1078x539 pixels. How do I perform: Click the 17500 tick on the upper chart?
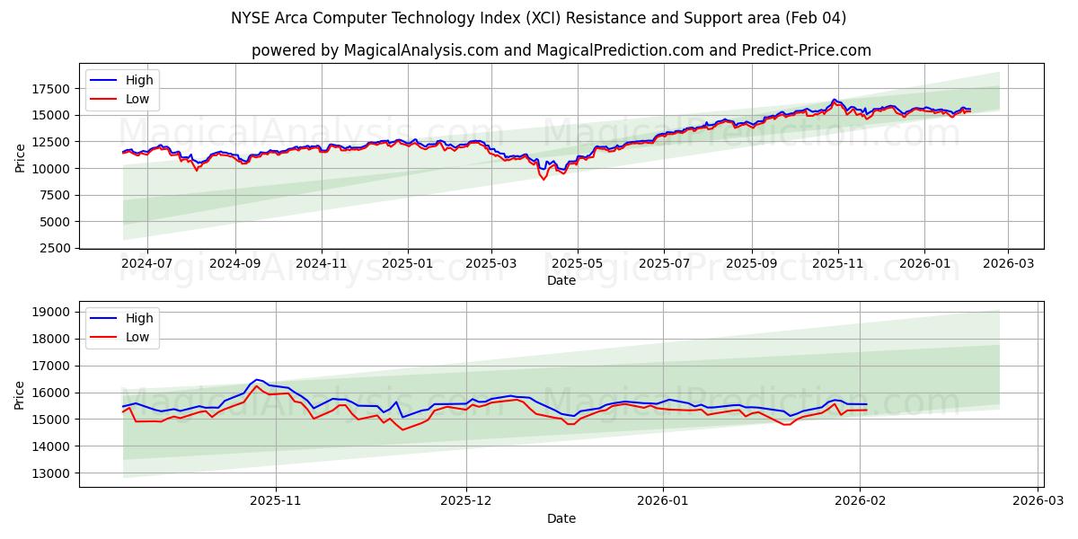click(x=51, y=89)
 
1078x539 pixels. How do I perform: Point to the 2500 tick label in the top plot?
click(x=55, y=248)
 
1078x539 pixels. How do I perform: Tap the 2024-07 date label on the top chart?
click(x=146, y=263)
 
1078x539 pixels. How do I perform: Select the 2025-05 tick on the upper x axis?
click(x=577, y=263)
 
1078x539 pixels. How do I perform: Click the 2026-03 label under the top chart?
click(x=1007, y=263)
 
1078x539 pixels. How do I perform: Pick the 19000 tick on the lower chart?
click(x=51, y=313)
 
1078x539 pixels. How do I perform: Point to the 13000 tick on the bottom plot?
click(x=51, y=473)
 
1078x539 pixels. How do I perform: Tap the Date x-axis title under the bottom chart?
click(x=561, y=518)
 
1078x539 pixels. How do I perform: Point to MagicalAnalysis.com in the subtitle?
click(x=421, y=50)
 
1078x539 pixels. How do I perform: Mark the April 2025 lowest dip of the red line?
click(x=543, y=179)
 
